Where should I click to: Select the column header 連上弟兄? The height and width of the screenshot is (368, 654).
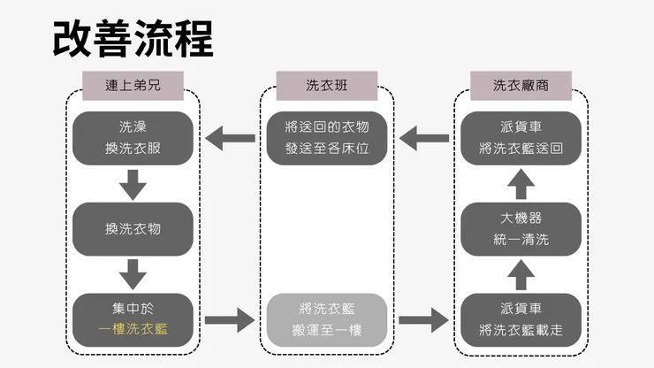point(133,86)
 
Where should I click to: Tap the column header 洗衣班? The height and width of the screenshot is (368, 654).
point(327,86)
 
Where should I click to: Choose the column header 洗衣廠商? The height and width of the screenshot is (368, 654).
point(521,86)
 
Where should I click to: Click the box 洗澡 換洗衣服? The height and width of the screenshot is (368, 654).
point(133,138)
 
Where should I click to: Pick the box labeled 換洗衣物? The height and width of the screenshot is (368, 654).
point(133,229)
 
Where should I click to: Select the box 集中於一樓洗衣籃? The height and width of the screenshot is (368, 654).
point(133,320)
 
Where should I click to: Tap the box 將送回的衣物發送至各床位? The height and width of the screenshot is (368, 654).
point(327,138)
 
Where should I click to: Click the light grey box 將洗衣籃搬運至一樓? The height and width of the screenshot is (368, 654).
point(327,320)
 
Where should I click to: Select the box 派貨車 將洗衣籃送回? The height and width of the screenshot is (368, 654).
point(521,138)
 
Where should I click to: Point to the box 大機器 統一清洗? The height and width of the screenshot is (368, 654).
point(521,229)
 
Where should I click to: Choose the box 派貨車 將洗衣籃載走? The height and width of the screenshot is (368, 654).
point(521,320)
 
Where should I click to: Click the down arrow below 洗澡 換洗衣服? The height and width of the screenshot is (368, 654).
point(133,184)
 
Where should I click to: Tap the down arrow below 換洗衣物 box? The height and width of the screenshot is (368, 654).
point(133,274)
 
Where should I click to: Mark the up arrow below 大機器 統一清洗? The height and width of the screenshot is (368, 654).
point(521,275)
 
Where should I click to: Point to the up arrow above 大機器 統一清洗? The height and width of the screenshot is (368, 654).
point(521,184)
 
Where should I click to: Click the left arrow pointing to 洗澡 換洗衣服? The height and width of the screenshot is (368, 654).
point(229,137)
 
